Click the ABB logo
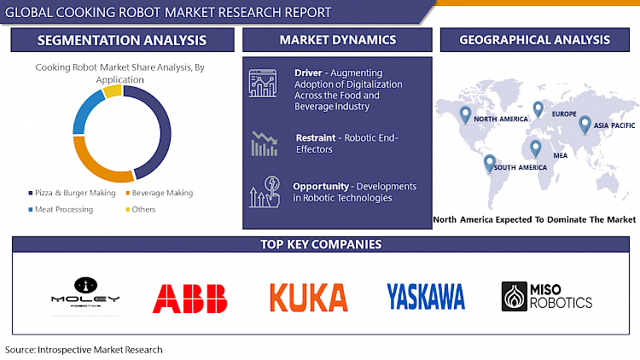point(190,298)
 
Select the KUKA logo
point(308,297)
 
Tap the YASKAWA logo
point(426,296)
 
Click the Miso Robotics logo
point(547,295)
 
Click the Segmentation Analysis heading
point(122,40)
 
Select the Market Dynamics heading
point(337,40)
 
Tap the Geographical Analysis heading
point(534,40)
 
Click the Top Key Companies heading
point(321,245)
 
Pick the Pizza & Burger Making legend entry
point(75,193)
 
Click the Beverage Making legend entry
point(162,193)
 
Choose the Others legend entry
point(143,209)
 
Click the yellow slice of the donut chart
point(112,91)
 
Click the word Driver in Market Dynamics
point(307,72)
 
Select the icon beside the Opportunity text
point(264,192)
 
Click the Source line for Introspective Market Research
point(84,350)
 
